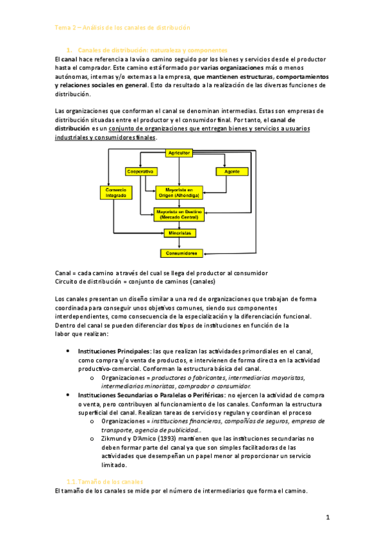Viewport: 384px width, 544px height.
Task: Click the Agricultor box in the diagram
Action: coord(178,153)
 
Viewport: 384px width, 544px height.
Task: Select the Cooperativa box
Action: coord(140,171)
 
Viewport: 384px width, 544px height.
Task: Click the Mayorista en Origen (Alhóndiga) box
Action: coord(178,192)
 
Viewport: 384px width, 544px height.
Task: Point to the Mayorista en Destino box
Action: coord(178,214)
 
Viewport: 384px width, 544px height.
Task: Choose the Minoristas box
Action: coord(178,233)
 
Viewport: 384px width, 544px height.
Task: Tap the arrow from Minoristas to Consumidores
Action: coord(178,243)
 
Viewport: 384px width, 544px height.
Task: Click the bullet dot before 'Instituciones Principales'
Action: coord(69,352)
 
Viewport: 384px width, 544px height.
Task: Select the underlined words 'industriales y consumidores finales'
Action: coord(105,137)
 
